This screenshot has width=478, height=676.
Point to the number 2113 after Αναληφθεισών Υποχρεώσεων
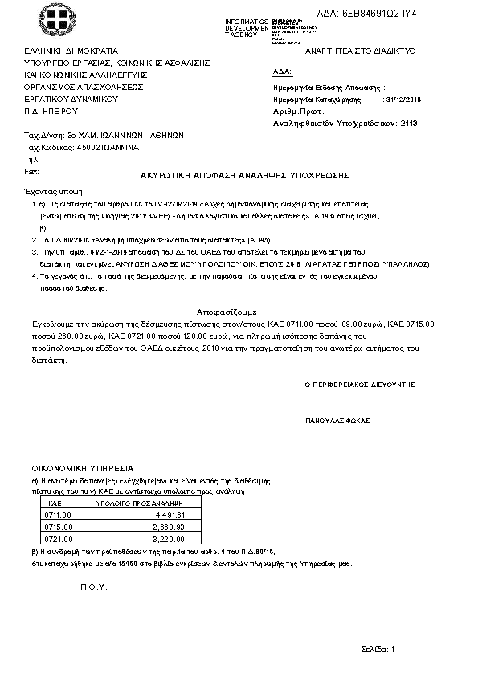(x=409, y=124)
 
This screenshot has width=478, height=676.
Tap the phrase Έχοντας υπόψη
(x=53, y=193)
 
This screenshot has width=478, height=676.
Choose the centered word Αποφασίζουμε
(x=227, y=310)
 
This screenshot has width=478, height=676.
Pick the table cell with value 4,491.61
(x=170, y=514)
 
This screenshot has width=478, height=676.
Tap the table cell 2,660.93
(x=170, y=527)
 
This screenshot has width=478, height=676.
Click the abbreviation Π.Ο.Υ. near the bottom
(x=93, y=588)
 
